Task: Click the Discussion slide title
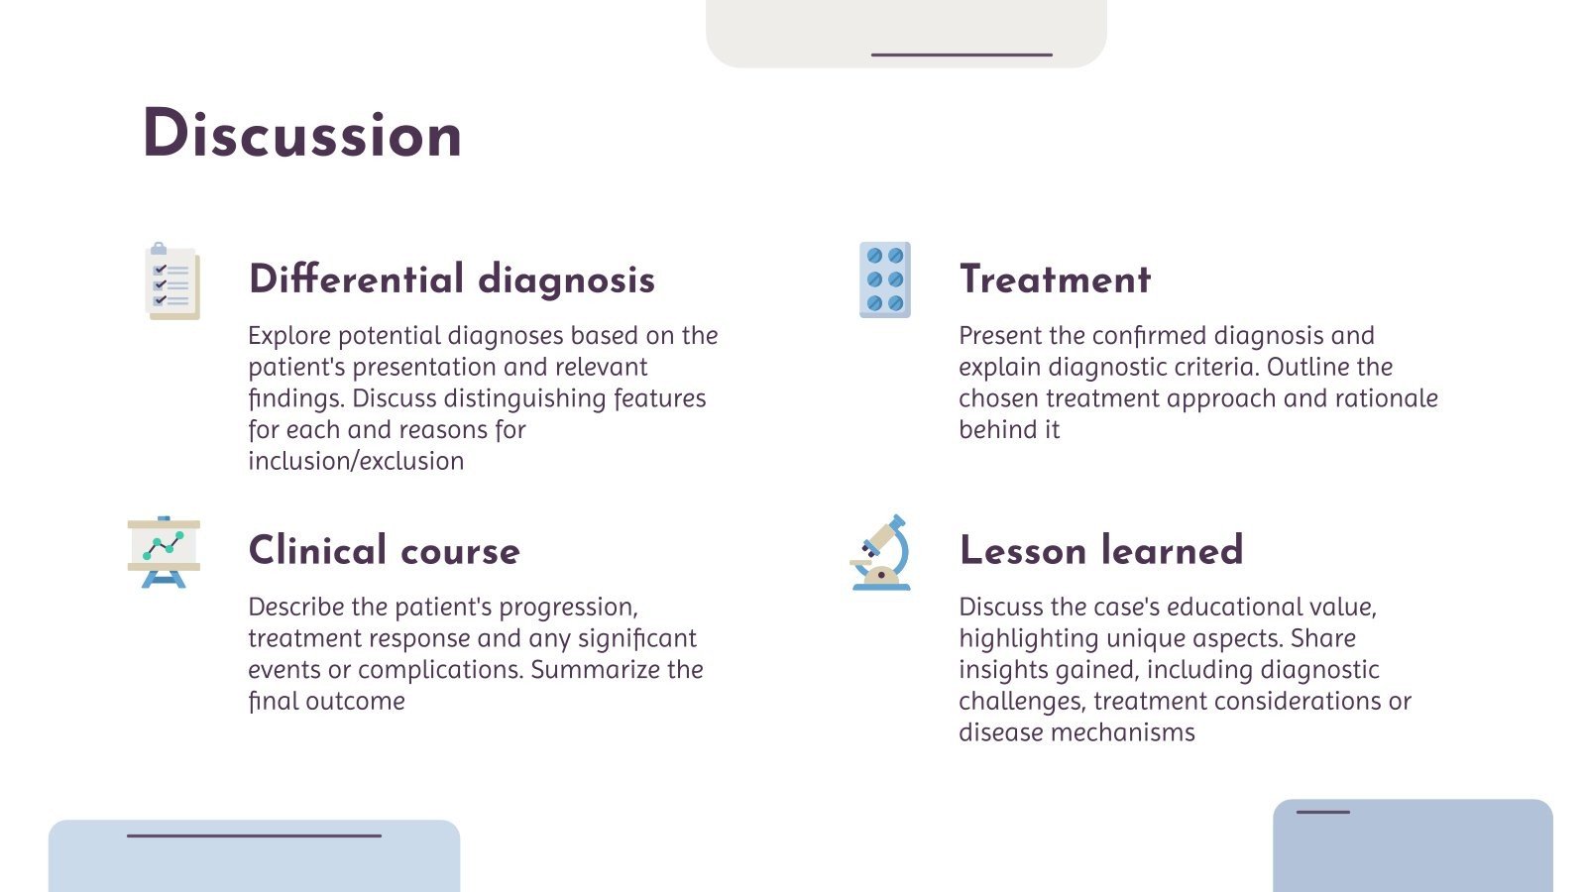(302, 135)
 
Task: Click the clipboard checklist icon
(172, 281)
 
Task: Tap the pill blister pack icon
(884, 279)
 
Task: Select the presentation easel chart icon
(164, 552)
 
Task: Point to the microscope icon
(881, 553)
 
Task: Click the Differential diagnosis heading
(451, 279)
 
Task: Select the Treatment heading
(1055, 279)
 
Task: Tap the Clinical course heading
(384, 551)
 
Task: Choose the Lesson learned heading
(1100, 551)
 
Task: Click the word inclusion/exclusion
(356, 461)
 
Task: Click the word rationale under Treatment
(1386, 398)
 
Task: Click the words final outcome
(326, 702)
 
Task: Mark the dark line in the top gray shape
(961, 55)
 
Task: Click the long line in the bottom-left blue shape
(254, 836)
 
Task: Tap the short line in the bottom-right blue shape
(1322, 813)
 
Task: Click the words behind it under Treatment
(1008, 430)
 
